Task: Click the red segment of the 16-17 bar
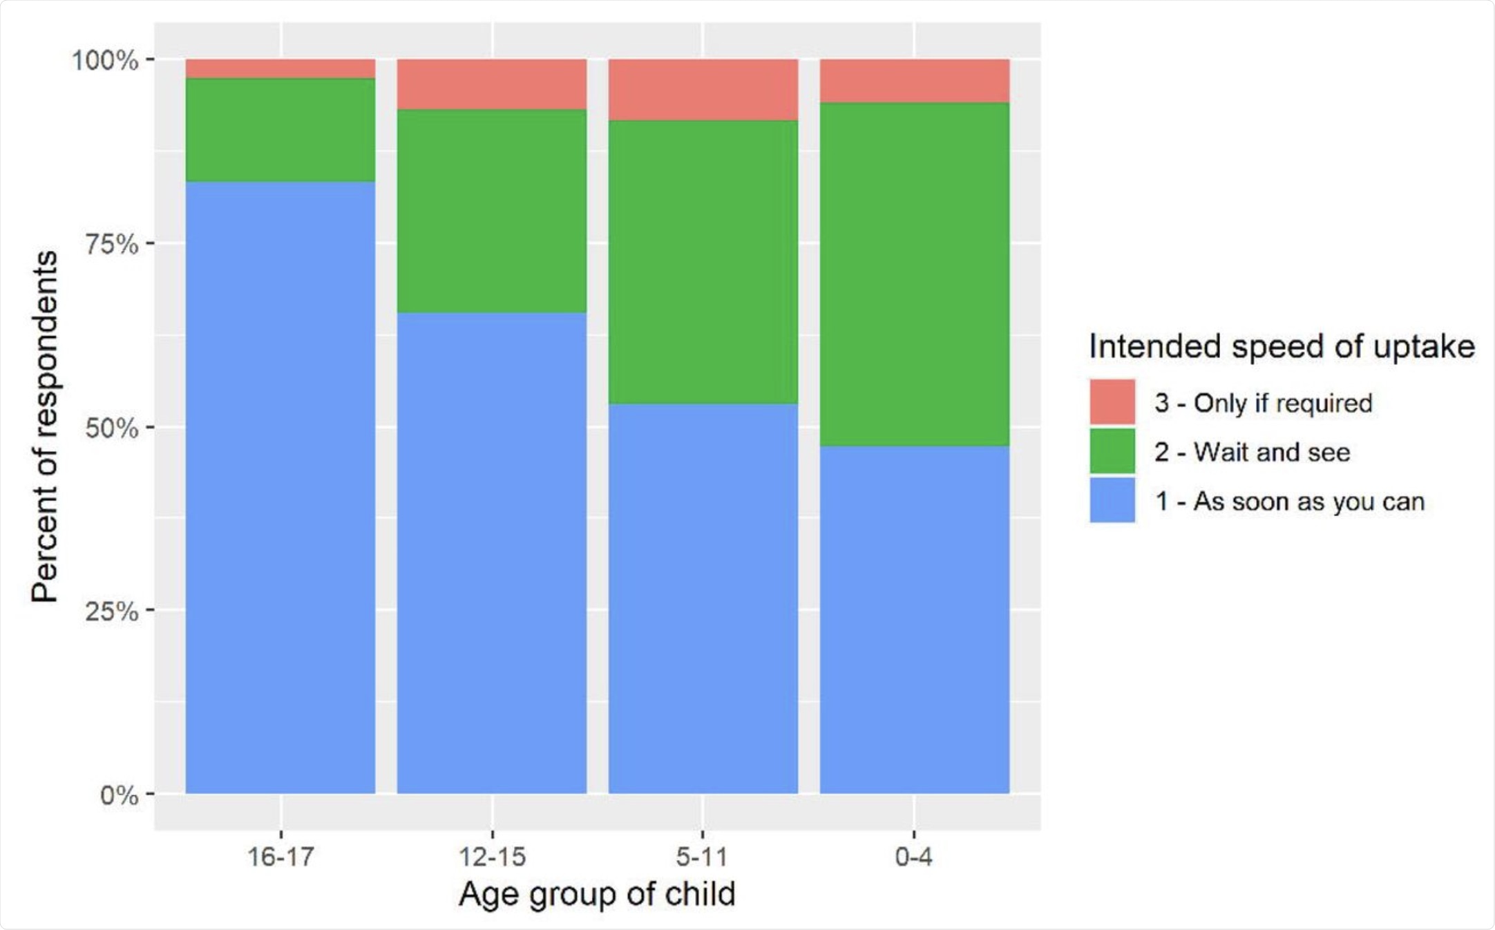280,68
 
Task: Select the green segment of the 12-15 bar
492,211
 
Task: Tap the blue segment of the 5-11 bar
703,598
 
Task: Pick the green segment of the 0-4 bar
915,274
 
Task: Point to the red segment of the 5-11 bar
703,90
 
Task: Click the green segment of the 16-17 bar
280,130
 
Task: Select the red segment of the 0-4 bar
915,81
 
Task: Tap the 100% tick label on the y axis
105,60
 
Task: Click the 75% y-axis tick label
111,244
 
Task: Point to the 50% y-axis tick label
111,428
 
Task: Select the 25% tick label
111,611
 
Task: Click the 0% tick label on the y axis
119,795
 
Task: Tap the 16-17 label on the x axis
280,857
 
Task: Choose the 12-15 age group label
492,857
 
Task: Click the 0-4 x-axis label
913,857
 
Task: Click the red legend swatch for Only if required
1112,401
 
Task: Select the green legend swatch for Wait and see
1112,451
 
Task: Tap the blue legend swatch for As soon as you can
1112,500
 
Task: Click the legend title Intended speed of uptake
1282,346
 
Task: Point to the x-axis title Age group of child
597,894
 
